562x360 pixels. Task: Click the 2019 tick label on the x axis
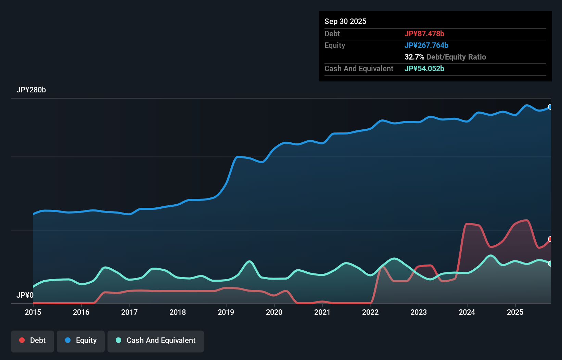(226, 312)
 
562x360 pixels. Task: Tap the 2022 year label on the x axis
(370, 312)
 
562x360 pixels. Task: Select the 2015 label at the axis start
(33, 312)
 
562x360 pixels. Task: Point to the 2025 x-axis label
(515, 312)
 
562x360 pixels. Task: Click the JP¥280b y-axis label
(31, 90)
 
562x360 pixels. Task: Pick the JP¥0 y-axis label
(25, 295)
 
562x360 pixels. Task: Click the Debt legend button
(33, 340)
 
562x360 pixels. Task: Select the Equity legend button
(81, 340)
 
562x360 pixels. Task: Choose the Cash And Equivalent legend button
(156, 340)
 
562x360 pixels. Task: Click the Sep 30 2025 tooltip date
(345, 21)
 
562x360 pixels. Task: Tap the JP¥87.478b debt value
(424, 34)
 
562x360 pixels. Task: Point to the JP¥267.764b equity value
(426, 45)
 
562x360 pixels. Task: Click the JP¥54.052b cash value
(424, 68)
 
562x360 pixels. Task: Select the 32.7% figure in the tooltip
(414, 57)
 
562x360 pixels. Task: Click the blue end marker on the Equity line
(550, 107)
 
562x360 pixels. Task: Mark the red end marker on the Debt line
(550, 239)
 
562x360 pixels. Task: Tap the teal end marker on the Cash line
(550, 263)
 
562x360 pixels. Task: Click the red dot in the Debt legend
(22, 340)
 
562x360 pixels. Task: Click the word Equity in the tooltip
(335, 45)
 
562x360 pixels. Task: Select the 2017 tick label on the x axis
(129, 312)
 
